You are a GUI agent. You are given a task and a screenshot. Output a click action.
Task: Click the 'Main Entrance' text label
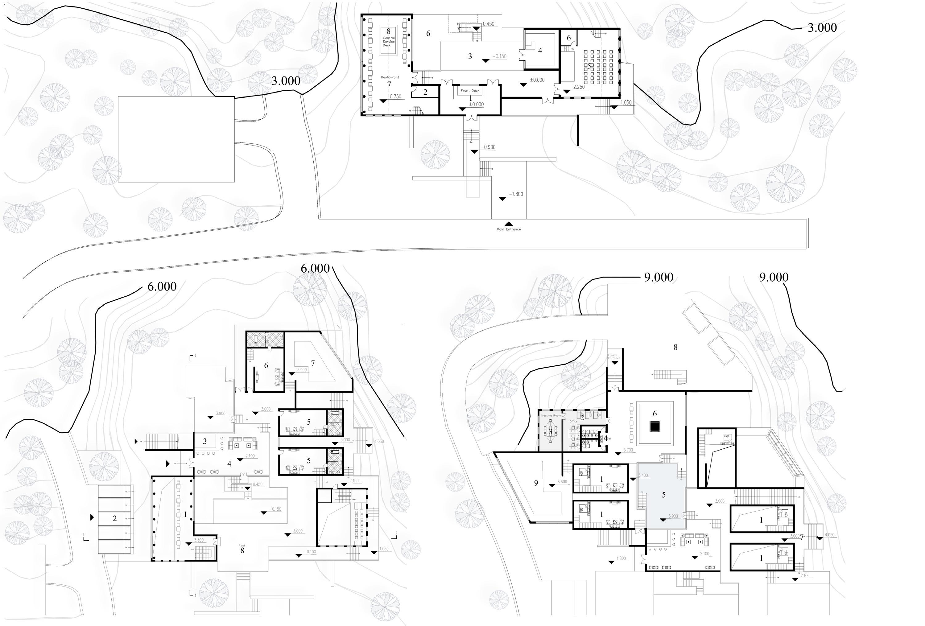[x=508, y=229]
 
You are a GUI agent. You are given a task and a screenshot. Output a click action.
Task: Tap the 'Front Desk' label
[x=470, y=91]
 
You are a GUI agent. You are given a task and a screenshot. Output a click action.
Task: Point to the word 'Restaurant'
[x=390, y=77]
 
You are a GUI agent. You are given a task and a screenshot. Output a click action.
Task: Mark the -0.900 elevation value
[x=489, y=147]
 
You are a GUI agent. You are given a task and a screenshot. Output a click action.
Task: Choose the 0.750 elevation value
[x=396, y=96]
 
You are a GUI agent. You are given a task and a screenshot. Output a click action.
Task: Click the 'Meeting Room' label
[x=551, y=415]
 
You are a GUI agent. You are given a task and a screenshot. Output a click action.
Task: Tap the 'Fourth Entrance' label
[x=613, y=356]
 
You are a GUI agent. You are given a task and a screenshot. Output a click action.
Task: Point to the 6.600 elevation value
[x=562, y=482]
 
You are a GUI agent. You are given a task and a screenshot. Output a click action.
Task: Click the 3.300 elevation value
[x=199, y=540]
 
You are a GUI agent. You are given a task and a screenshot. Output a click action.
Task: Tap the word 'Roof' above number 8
[x=242, y=545]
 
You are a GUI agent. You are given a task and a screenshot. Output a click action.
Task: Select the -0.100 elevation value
[x=311, y=552]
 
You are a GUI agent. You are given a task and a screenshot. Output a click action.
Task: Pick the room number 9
[x=536, y=483]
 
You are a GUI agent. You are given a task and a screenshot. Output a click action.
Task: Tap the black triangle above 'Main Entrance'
[x=508, y=224]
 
